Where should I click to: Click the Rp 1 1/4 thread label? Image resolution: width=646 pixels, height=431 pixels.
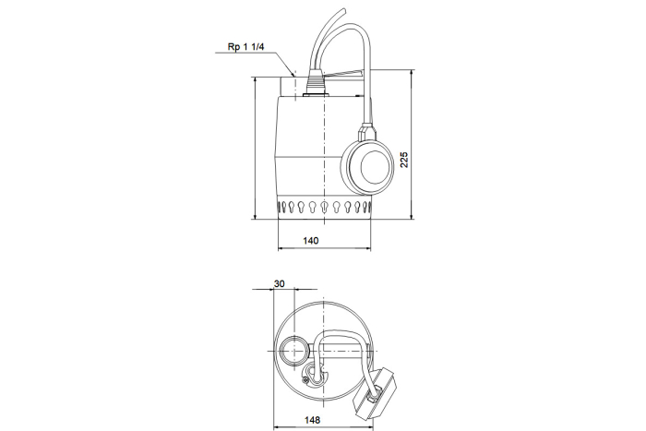pyautogui.click(x=246, y=46)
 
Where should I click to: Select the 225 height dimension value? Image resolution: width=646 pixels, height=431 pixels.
pyautogui.click(x=404, y=160)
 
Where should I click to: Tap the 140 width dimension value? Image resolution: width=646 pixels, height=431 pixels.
pyautogui.click(x=311, y=241)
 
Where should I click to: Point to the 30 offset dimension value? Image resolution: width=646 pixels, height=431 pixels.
pyautogui.click(x=279, y=283)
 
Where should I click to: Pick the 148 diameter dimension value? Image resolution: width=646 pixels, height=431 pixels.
pyautogui.click(x=312, y=420)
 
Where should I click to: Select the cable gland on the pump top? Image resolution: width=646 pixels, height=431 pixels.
pyautogui.click(x=315, y=83)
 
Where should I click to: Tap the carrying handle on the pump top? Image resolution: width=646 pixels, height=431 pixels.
pyautogui.click(x=345, y=73)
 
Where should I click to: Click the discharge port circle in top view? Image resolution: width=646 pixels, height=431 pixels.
pyautogui.click(x=293, y=350)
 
